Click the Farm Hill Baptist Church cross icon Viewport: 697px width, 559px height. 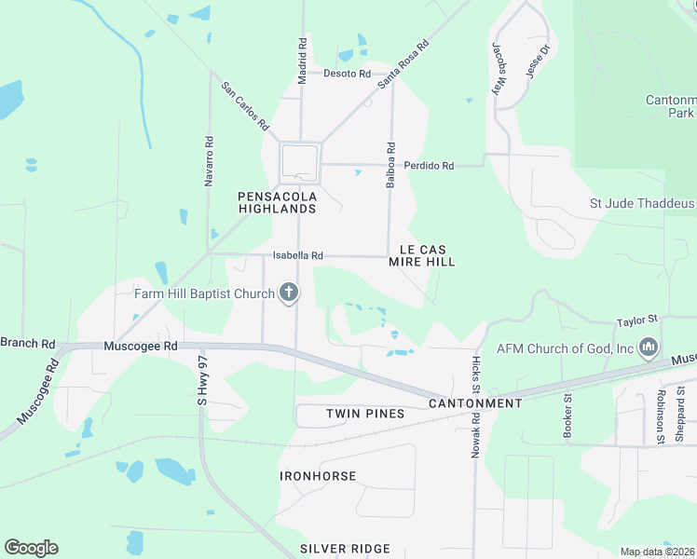pos(289,293)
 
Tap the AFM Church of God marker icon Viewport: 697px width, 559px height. pos(649,348)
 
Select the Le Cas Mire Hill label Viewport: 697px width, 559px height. pos(427,255)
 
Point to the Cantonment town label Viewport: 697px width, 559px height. pos(475,403)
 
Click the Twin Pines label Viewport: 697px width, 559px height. pos(365,413)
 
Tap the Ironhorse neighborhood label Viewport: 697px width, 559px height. pos(318,475)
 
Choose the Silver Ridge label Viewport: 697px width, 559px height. pos(345,549)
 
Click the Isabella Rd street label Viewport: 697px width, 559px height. pos(298,255)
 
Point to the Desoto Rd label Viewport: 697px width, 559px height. pos(347,74)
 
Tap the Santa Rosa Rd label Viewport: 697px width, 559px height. pos(403,63)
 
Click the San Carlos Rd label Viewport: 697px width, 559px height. pos(245,105)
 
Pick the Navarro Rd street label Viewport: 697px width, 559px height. pos(209,161)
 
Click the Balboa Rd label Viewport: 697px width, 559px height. pos(391,165)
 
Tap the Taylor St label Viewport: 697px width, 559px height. pos(636,321)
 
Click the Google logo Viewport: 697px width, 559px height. pos(31,548)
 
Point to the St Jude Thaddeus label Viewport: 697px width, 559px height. pos(643,203)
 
